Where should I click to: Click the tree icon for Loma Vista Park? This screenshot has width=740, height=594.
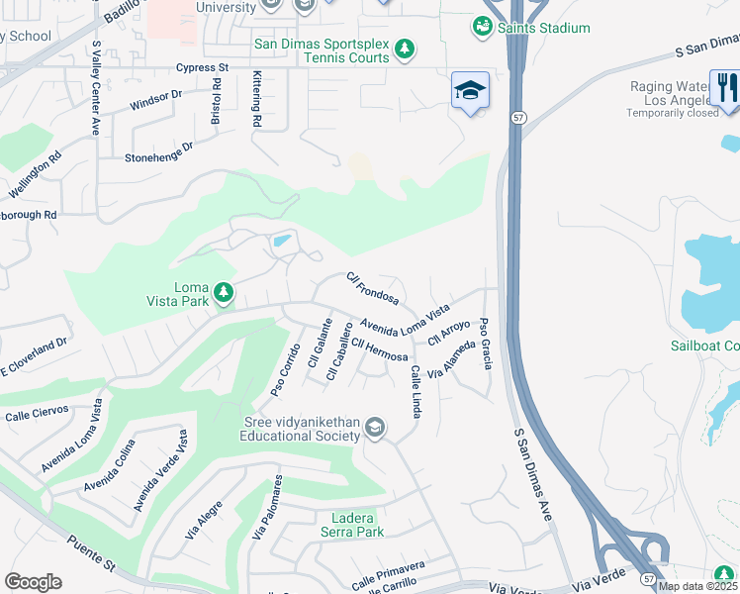tap(225, 292)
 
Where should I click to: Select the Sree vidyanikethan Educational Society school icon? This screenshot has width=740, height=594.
tap(374, 428)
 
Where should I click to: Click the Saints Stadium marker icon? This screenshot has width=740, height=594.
tap(483, 28)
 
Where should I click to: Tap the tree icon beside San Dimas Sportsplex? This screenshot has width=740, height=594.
tap(404, 48)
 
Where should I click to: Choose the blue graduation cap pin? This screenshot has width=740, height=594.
tap(470, 91)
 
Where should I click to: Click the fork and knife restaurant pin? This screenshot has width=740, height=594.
tap(724, 87)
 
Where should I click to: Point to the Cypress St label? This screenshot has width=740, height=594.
tap(202, 68)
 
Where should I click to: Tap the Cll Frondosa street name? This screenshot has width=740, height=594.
tap(372, 288)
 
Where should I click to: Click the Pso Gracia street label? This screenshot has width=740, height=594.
tap(485, 343)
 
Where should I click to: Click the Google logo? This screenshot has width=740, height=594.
tap(33, 581)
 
